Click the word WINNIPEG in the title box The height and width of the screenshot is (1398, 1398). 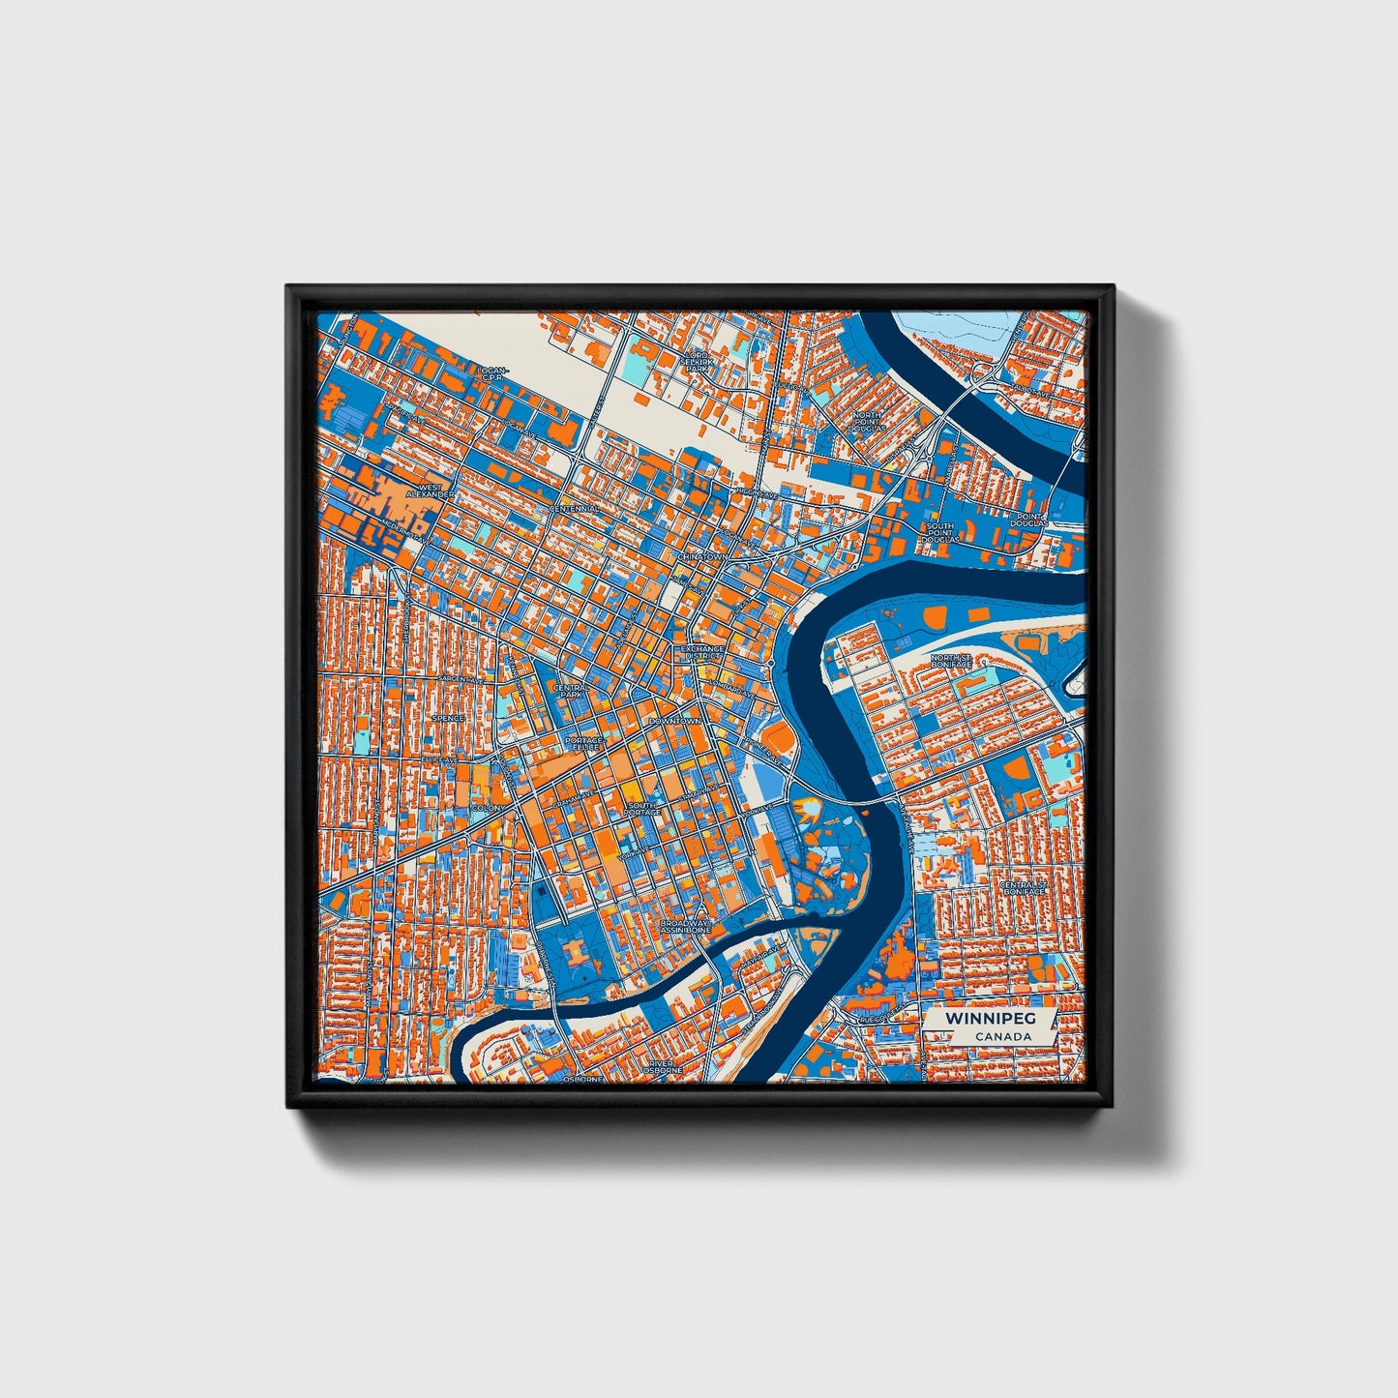click(x=976, y=1019)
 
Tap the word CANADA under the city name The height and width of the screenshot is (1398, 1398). click(x=1002, y=1036)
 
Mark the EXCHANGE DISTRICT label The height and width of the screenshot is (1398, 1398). click(x=702, y=652)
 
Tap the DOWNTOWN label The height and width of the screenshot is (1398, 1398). click(x=674, y=722)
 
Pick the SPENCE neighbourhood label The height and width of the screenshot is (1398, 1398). click(x=448, y=718)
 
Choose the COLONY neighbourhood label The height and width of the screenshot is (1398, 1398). click(x=486, y=807)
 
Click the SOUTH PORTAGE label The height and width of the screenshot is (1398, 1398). click(x=642, y=808)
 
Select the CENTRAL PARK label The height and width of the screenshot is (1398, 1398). click(x=569, y=690)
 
